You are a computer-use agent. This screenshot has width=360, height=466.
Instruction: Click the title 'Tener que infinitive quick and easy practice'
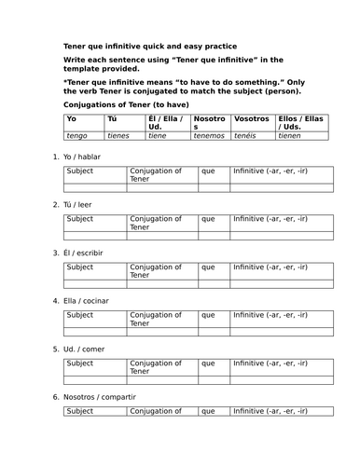tap(149, 46)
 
